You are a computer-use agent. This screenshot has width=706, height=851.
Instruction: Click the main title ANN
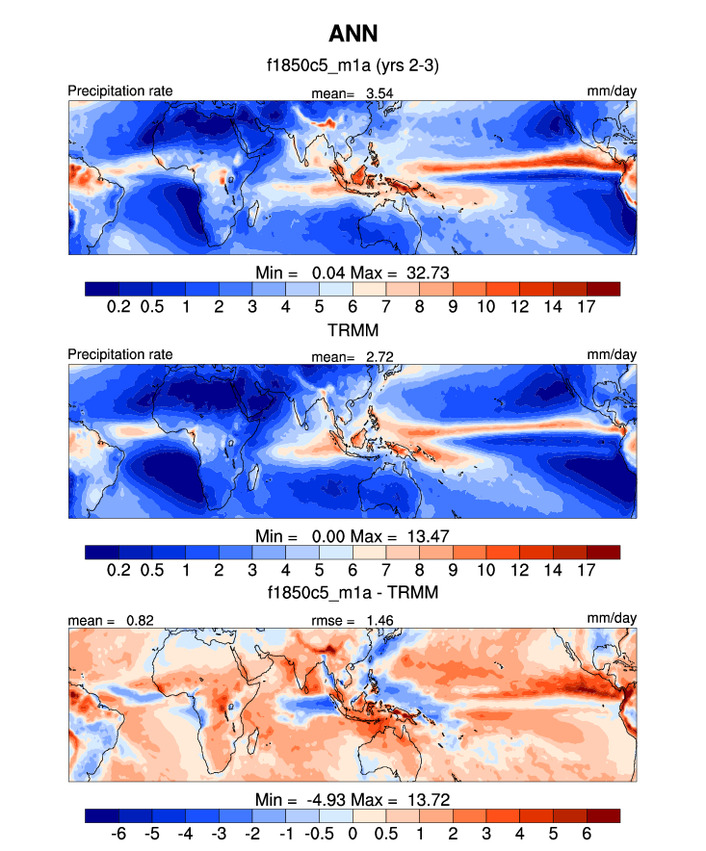point(353,35)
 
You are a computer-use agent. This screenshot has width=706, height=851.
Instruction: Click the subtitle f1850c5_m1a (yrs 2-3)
point(353,66)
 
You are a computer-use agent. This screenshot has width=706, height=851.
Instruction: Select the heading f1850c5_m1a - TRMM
point(353,593)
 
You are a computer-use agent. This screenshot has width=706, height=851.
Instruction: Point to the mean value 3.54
point(379,93)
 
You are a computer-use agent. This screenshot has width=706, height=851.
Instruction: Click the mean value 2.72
point(379,357)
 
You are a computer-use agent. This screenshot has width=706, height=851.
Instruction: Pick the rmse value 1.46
point(379,621)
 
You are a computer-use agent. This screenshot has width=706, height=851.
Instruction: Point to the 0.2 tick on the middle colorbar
point(118,569)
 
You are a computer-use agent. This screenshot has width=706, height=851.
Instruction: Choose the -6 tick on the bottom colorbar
point(118,833)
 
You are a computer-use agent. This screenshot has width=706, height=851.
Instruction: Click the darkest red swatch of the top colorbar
point(603,288)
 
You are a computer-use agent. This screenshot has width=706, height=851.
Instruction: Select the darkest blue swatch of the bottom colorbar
point(101,815)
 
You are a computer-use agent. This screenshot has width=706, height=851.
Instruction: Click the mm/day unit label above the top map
point(612,91)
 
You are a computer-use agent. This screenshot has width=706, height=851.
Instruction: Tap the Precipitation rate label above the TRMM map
point(120,354)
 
